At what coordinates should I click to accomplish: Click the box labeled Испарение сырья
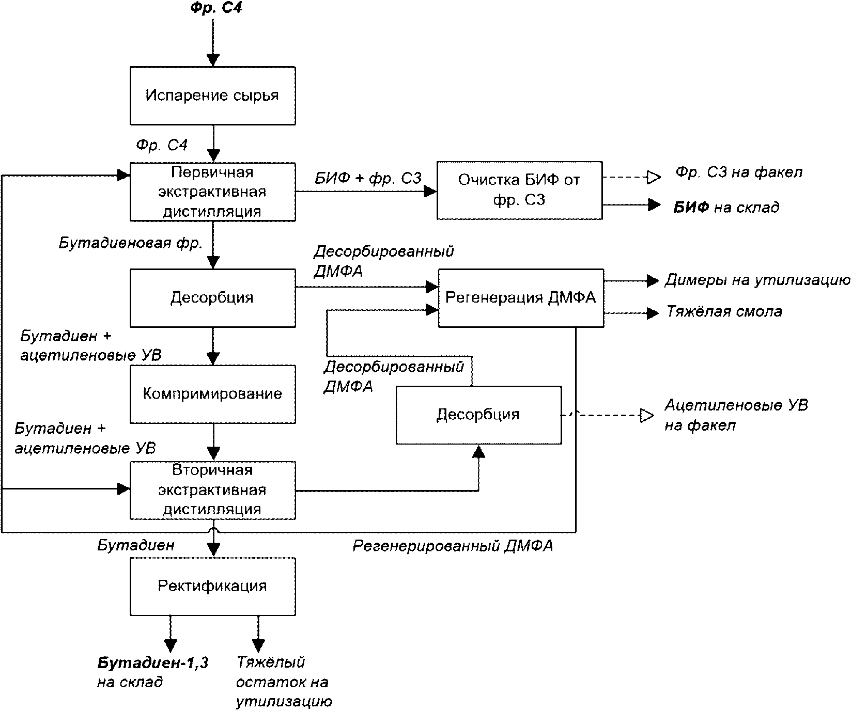[212, 96]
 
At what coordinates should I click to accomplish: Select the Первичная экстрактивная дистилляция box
[212, 192]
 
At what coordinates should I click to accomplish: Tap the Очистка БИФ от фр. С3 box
[519, 191]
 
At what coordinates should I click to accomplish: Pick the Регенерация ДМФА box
[521, 297]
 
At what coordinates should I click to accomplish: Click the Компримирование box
[212, 394]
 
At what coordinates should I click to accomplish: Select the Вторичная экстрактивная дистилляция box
[212, 490]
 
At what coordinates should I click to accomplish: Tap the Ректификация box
[212, 586]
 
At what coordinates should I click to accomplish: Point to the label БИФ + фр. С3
[368, 178]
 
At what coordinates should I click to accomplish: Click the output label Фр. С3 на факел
[739, 172]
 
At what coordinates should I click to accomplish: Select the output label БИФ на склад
[726, 208]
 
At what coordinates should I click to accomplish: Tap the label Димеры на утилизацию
[757, 280]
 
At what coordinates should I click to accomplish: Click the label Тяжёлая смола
[724, 311]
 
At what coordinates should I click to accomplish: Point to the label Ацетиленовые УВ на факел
[736, 415]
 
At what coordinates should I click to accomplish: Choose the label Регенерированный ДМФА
[453, 546]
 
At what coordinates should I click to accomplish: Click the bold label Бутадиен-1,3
[153, 662]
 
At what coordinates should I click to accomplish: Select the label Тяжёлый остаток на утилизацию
[284, 682]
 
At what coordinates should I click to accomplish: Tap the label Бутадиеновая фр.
[130, 243]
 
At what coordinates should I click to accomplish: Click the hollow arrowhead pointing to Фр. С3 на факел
[654, 178]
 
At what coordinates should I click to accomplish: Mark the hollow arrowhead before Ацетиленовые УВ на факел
[646, 415]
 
